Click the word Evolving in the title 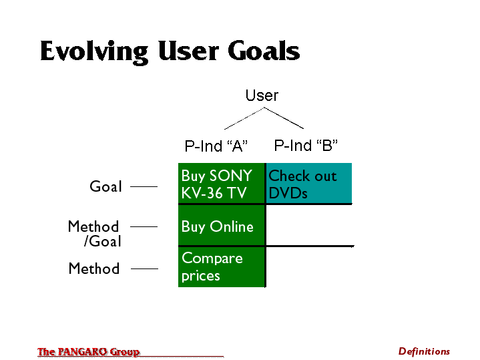tap(94, 51)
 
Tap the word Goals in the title tap(264, 50)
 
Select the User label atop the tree tap(262, 96)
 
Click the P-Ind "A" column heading tap(216, 146)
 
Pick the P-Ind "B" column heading tap(306, 145)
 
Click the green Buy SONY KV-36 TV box tap(222, 183)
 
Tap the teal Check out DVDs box tap(309, 183)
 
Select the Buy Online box tap(222, 225)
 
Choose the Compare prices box tap(222, 267)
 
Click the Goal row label tap(105, 186)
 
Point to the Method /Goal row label tap(95, 234)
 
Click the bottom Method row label tap(94, 268)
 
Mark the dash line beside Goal tap(144, 186)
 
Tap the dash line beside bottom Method tap(144, 268)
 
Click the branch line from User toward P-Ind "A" tap(244, 118)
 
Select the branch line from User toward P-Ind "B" tap(284, 118)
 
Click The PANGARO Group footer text tap(88, 352)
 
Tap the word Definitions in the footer tap(424, 351)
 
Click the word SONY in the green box tap(230, 176)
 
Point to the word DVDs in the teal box tap(288, 193)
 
